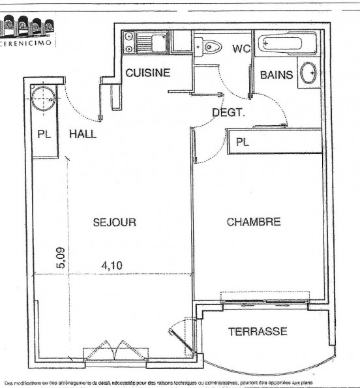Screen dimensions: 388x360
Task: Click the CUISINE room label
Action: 148,73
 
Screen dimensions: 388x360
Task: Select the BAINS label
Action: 277,76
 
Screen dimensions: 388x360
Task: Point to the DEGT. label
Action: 228,112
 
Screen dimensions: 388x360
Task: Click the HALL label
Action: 83,134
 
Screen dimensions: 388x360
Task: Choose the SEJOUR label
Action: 114,222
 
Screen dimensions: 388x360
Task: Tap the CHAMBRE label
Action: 254,222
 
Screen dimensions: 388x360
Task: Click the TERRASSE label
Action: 257,331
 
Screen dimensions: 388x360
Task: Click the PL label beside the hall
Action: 44,135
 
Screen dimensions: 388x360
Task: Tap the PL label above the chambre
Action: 243,142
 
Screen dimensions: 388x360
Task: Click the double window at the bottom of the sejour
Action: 115,353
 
